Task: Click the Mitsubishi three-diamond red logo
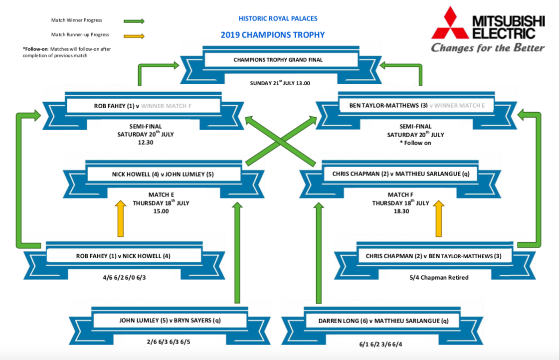[x=450, y=24]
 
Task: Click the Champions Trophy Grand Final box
[x=278, y=60]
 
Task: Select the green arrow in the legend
[x=133, y=21]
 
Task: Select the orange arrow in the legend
[x=133, y=35]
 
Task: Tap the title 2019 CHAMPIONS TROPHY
[x=272, y=35]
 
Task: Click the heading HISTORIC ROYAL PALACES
[x=278, y=19]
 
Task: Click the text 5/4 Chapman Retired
[x=437, y=277]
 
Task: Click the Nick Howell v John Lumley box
[x=157, y=174]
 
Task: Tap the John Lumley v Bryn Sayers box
[x=170, y=320]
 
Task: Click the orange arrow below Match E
[x=120, y=218]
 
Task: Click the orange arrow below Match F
[x=439, y=218]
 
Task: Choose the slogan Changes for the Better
[x=487, y=48]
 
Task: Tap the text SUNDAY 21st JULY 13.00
[x=280, y=83]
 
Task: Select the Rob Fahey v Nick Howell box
[x=123, y=256]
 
